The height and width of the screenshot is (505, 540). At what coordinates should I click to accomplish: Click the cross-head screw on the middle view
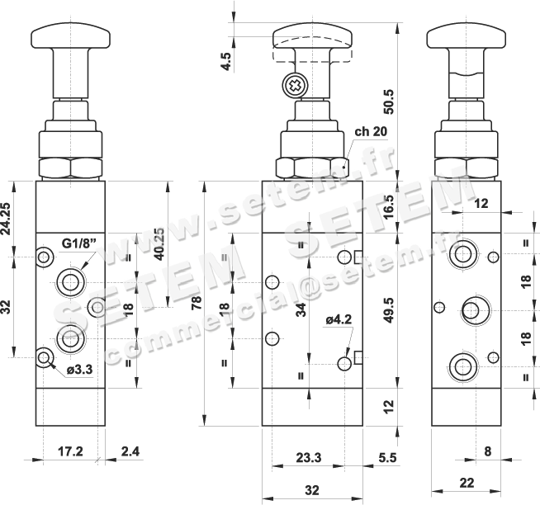295,85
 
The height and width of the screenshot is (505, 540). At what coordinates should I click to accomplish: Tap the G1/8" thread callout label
78,243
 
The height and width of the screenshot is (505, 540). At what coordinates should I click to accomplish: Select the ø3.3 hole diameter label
79,370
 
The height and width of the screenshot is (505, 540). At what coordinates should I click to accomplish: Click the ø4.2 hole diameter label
339,320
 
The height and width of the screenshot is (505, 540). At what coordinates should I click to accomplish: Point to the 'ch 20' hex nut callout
371,131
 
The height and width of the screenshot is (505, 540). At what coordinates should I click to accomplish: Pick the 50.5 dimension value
388,101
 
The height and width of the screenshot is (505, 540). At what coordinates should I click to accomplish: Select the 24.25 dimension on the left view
6,219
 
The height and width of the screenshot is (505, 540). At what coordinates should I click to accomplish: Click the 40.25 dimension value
159,244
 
